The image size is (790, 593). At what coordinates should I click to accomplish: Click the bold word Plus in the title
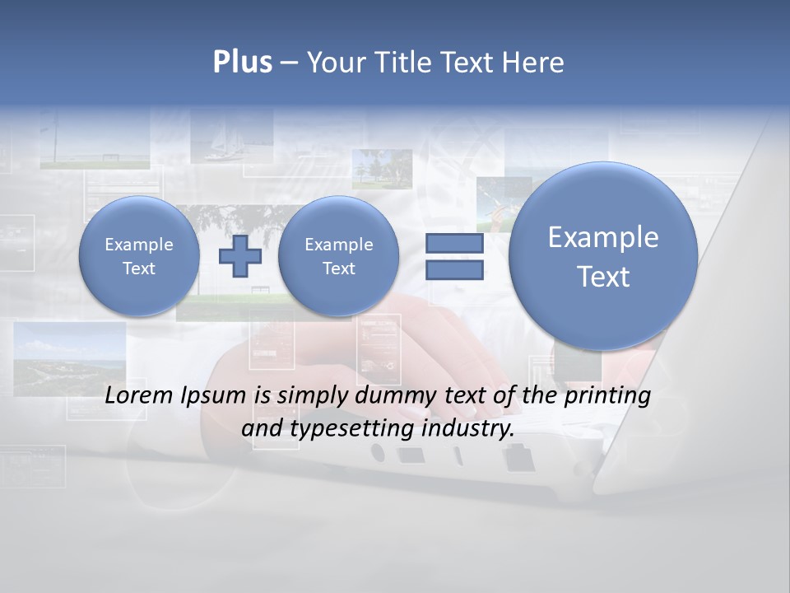242,63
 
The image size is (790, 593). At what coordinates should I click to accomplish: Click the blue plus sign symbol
239,256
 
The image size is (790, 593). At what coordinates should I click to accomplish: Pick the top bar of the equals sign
454,243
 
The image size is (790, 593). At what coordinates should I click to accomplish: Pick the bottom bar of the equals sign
454,270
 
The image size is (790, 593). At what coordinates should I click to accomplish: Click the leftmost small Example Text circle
139,256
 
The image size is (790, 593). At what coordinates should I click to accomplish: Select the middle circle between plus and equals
338,256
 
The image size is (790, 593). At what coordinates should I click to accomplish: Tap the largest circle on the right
603,256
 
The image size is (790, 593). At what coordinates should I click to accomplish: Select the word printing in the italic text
610,396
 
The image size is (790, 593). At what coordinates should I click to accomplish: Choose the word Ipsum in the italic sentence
214,396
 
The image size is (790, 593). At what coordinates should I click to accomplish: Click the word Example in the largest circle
603,237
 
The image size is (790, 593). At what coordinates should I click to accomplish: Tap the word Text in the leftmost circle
139,268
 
